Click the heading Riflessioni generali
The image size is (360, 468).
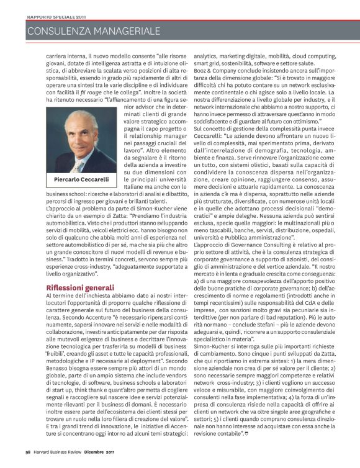pyautogui.click(x=80, y=287)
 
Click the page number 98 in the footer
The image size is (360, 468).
pyautogui.click(x=29, y=459)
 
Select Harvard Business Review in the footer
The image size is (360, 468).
pyautogui.click(x=57, y=459)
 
